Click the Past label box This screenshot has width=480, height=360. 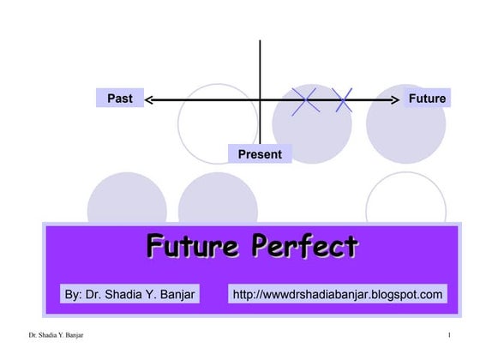tap(119, 99)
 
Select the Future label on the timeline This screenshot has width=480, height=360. tap(426, 99)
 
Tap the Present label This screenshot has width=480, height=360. tap(260, 154)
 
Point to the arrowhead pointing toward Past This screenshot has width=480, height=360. tap(149, 99)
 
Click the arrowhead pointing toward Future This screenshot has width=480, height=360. tap(396, 99)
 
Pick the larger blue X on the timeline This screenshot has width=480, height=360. tap(305, 100)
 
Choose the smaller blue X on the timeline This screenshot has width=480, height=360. tap(344, 100)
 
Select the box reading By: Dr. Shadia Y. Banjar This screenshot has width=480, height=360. tap(130, 295)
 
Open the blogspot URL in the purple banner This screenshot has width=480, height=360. tap(338, 295)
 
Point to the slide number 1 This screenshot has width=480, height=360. tap(449, 333)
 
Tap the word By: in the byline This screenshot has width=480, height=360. tap(74, 295)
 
